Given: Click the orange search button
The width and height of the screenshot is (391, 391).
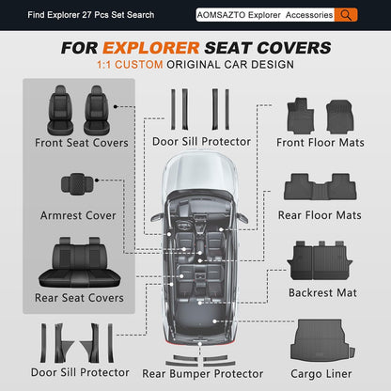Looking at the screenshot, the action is coord(346,15).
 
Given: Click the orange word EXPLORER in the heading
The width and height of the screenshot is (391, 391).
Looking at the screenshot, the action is coord(151,48).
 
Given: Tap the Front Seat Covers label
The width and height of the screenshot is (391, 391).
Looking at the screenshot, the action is coord(82,143).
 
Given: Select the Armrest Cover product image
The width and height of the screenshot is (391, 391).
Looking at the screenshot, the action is coord(77,184).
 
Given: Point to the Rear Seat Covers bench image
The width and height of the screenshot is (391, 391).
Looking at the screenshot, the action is coord(80,262).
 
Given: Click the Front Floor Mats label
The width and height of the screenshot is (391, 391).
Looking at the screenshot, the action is coord(321,143).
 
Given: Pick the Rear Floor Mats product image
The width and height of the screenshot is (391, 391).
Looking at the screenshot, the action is coord(321,187).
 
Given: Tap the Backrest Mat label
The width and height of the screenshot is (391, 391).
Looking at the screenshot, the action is coord(322,292).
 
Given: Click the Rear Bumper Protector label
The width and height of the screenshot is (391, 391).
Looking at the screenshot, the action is coord(203,374).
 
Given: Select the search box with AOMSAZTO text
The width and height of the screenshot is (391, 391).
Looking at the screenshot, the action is coord(265,15).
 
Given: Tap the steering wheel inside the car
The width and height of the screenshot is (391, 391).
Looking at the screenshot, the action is coord(183,225).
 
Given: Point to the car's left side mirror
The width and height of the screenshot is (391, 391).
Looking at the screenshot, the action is coord(157,217).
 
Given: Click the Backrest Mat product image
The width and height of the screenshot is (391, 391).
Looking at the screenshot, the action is coord(320,260).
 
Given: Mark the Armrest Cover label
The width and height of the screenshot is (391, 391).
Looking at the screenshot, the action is coord(78,215).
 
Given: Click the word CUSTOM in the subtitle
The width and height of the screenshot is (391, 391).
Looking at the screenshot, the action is coord(139,65).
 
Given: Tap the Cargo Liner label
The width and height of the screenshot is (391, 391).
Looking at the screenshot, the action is coord(321,374).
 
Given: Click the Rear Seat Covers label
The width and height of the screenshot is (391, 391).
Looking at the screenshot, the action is coord(79,298).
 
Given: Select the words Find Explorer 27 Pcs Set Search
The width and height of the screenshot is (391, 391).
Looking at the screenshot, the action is coord(91,15).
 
